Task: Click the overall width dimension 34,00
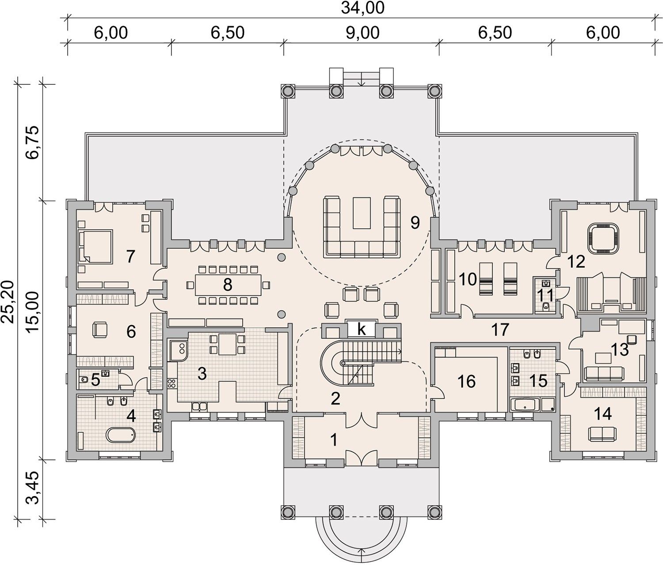tap(362, 8)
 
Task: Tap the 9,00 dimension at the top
tap(362, 33)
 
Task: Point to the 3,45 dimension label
tap(33, 488)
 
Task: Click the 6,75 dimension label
tap(33, 142)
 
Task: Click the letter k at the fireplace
tap(362, 329)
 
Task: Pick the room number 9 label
tap(415, 223)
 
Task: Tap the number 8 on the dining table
tap(228, 285)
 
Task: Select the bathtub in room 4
tap(121, 435)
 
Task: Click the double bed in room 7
tap(95, 246)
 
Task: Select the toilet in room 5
tap(84, 380)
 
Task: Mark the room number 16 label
tap(467, 382)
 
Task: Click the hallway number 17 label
tap(500, 330)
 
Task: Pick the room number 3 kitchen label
tap(202, 373)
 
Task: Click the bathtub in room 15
tap(525, 405)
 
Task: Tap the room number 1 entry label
tap(334, 440)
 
